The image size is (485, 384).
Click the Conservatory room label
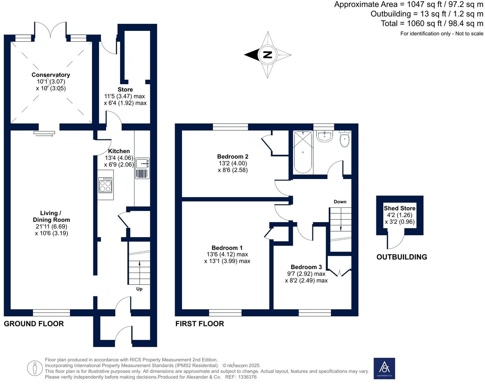click(51, 75)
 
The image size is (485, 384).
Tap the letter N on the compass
click(268, 55)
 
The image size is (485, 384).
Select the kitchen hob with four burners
click(105, 185)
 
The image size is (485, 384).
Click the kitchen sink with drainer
click(143, 168)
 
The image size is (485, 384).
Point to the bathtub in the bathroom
click(303, 152)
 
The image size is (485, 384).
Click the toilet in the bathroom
click(345, 138)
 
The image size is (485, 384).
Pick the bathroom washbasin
click(324, 136)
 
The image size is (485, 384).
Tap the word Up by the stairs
click(139, 289)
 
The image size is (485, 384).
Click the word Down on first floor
click(340, 201)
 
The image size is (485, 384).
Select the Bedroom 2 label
click(233, 157)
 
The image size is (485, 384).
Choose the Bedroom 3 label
click(306, 267)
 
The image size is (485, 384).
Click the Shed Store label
click(400, 208)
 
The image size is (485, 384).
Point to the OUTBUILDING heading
click(402, 257)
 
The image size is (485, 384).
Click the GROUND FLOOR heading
click(34, 324)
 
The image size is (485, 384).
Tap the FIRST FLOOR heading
click(200, 324)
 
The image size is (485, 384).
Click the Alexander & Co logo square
click(384, 369)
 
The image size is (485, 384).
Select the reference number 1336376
click(248, 377)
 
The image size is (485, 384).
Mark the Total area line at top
click(432, 23)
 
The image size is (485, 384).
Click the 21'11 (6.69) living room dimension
click(51, 226)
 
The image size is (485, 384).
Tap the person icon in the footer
click(35, 369)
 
